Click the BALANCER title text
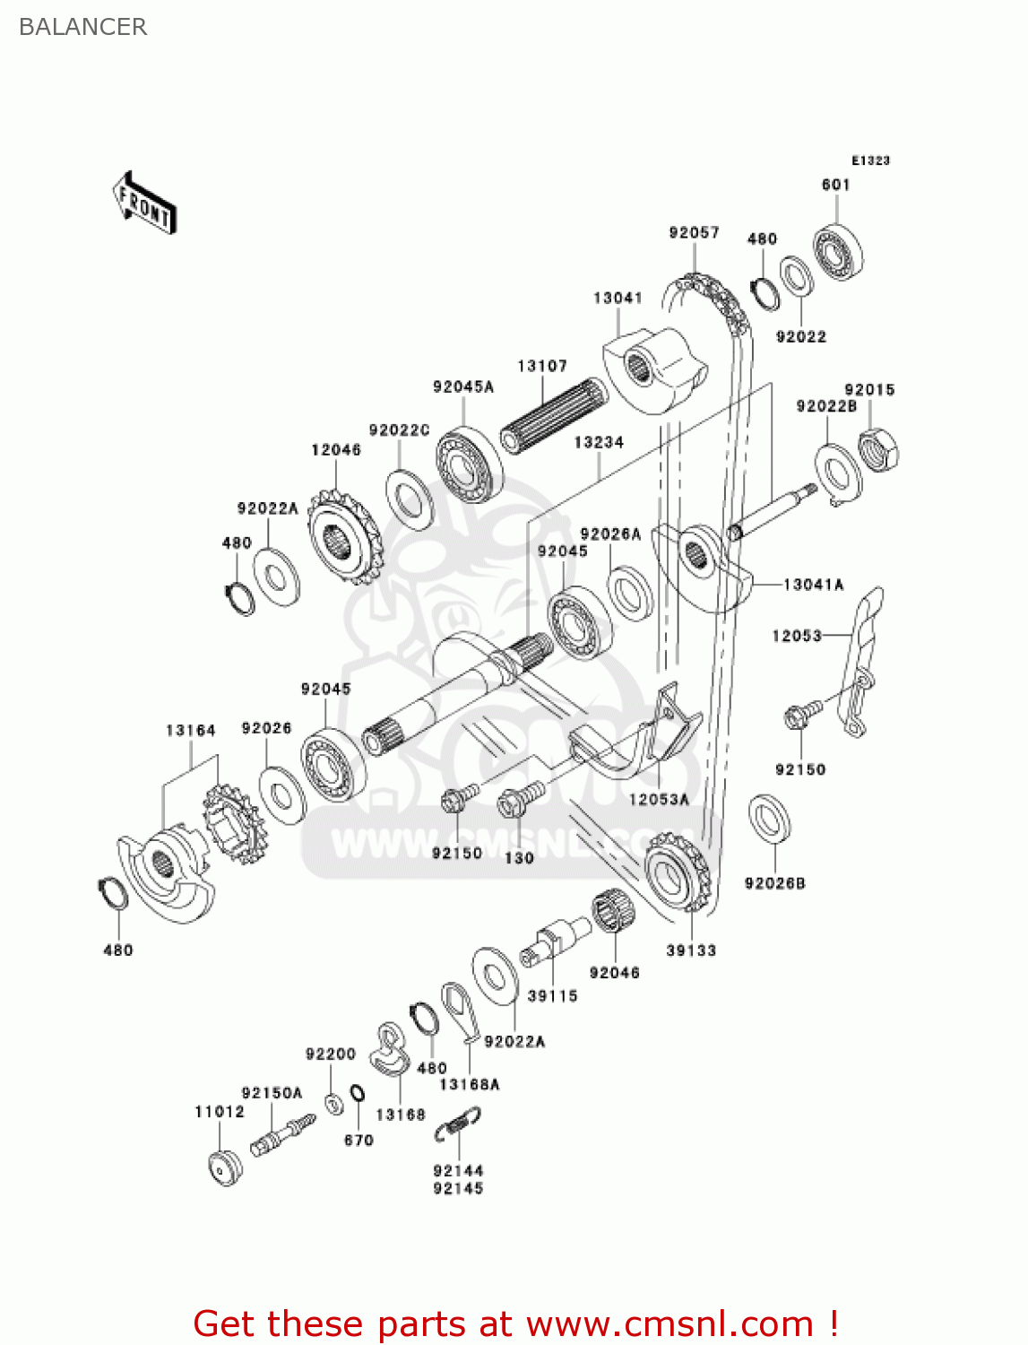click(82, 27)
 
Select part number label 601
click(835, 185)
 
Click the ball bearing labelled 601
click(839, 249)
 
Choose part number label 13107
click(542, 366)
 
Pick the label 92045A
click(463, 386)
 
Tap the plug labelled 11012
click(225, 1167)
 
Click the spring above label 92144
click(459, 1124)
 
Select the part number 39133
click(691, 950)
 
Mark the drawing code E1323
click(870, 161)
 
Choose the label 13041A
click(814, 585)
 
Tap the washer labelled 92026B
click(768, 818)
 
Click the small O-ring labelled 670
click(357, 1094)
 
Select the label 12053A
click(659, 799)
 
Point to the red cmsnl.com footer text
click(515, 1323)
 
